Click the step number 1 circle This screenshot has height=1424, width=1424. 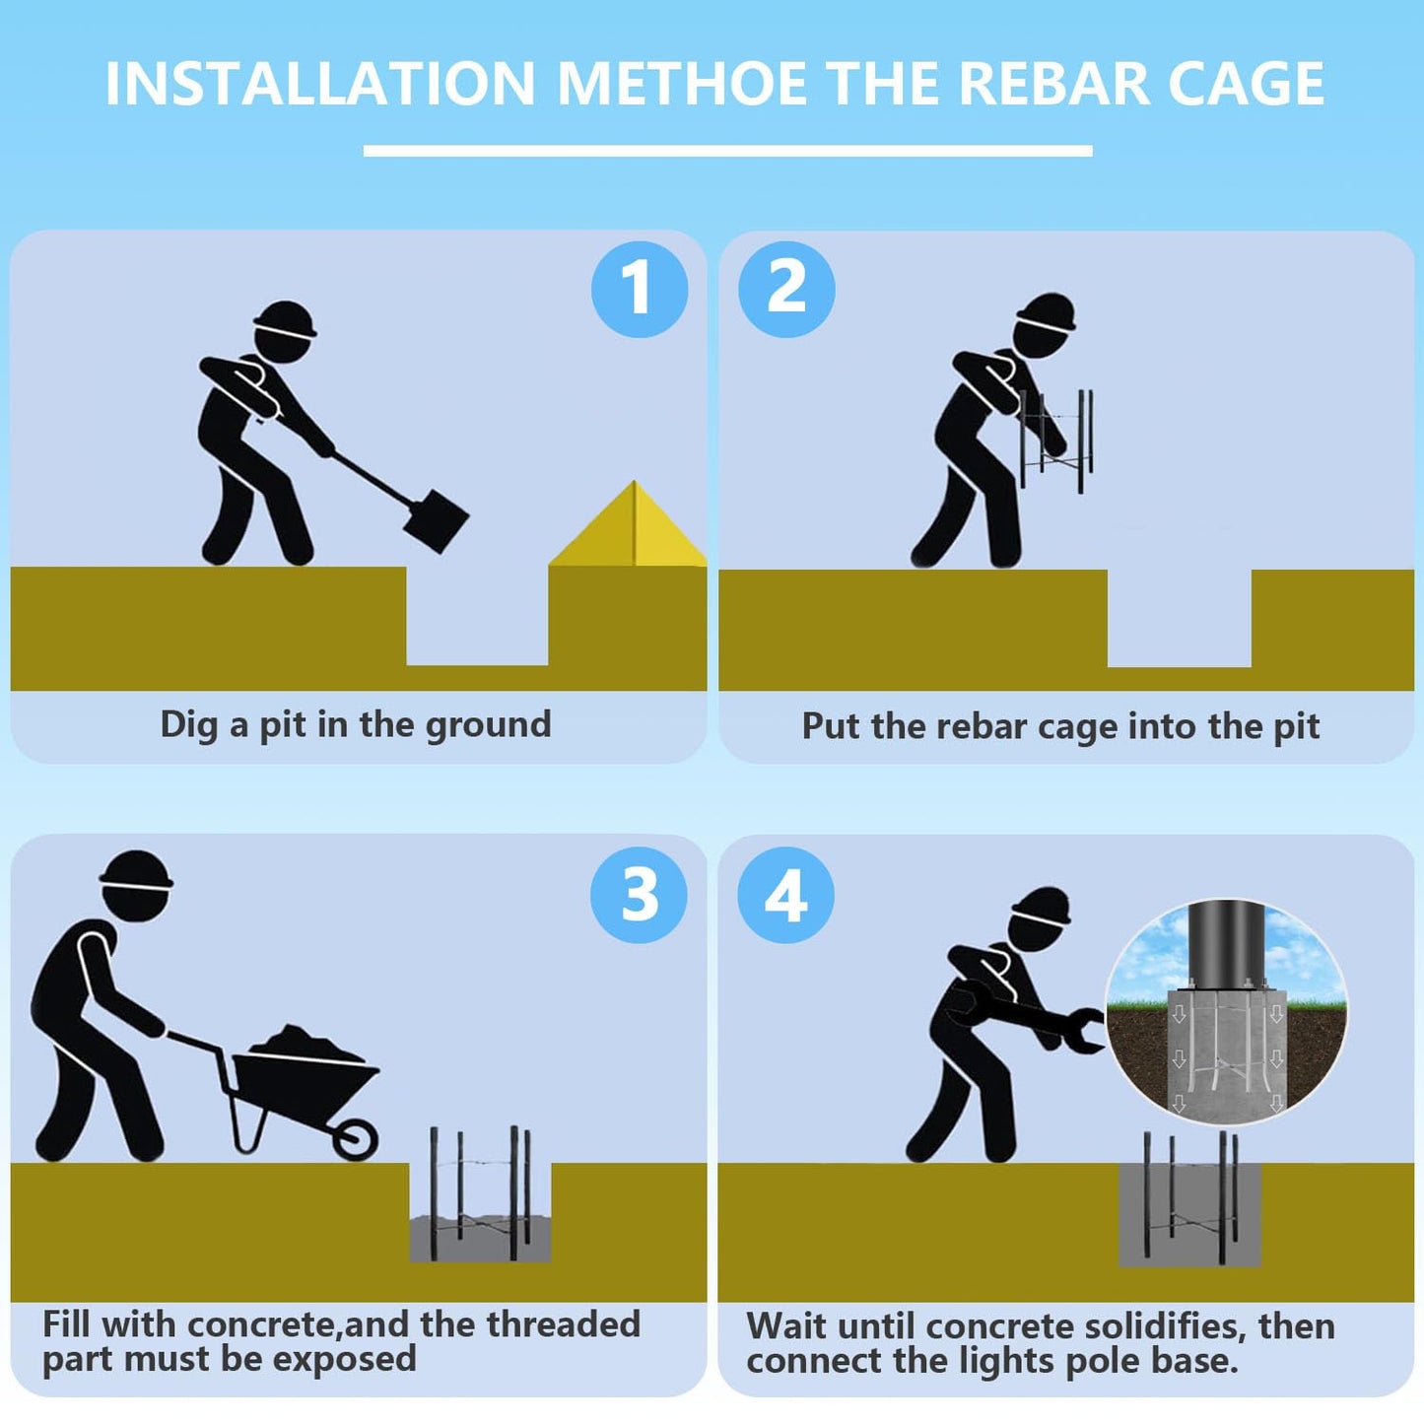click(640, 289)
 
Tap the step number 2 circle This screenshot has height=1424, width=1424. click(786, 289)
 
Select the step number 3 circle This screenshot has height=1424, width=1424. click(640, 894)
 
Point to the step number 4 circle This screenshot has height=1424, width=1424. click(786, 894)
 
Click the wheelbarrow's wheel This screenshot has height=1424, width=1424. click(356, 1139)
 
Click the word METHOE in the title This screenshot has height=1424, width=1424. click(681, 83)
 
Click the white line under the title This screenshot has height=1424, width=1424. click(728, 151)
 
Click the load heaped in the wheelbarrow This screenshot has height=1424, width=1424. click(306, 1043)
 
